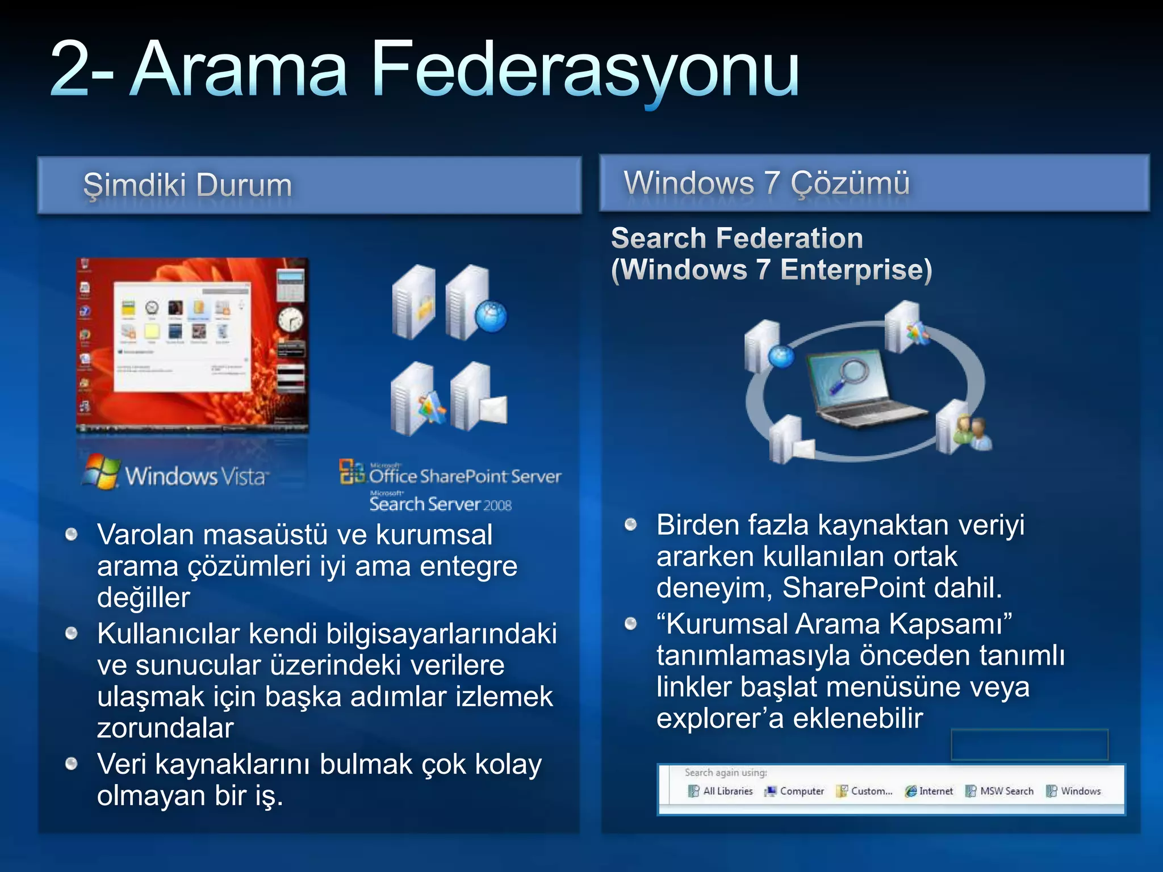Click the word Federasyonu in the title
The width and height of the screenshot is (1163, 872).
[585, 71]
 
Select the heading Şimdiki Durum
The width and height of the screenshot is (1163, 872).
[187, 185]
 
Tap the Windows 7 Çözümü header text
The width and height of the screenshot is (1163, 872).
[766, 183]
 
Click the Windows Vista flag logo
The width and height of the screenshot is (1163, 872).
[101, 471]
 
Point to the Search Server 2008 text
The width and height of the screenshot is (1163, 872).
[440, 504]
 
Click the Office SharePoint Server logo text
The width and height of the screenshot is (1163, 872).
[465, 476]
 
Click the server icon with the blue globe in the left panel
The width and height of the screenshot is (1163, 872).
[476, 304]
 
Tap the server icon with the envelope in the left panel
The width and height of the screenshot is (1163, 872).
[479, 397]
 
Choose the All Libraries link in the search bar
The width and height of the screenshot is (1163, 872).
[721, 791]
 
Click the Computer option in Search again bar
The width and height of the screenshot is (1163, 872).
[795, 791]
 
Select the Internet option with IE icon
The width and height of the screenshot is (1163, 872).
[930, 791]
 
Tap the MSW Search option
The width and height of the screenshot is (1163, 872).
[1000, 791]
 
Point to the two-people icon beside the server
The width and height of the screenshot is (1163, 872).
[972, 431]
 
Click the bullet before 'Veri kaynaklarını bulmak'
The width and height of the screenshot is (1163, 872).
[71, 764]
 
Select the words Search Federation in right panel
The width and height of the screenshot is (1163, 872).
[737, 238]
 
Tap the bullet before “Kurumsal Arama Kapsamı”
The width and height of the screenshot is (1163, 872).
[630, 624]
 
